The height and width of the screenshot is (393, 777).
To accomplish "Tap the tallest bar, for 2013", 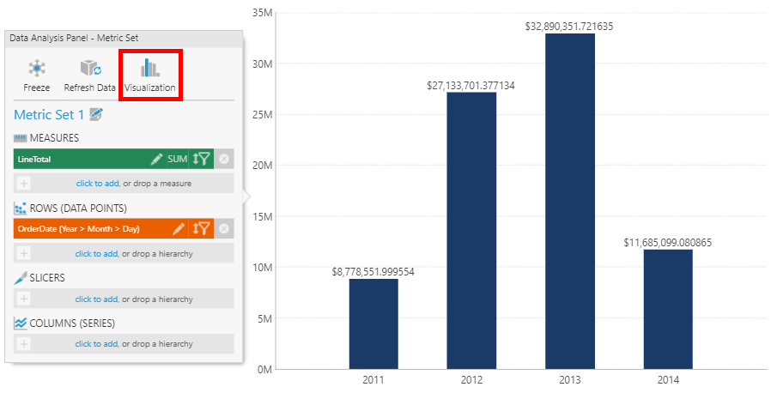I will (570, 201).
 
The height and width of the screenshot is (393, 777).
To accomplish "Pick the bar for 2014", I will (668, 309).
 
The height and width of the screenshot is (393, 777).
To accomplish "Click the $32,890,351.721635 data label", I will (569, 27).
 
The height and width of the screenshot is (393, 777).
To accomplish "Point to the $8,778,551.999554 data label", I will (373, 271).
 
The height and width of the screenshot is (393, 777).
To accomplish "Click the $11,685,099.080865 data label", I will (668, 243).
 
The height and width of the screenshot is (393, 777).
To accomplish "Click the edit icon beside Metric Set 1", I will (96, 114).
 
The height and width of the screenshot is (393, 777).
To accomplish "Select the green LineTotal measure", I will (77, 159).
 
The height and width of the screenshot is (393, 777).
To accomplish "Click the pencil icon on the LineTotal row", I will (156, 159).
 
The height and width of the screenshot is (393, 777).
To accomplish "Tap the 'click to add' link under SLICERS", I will (96, 299).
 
